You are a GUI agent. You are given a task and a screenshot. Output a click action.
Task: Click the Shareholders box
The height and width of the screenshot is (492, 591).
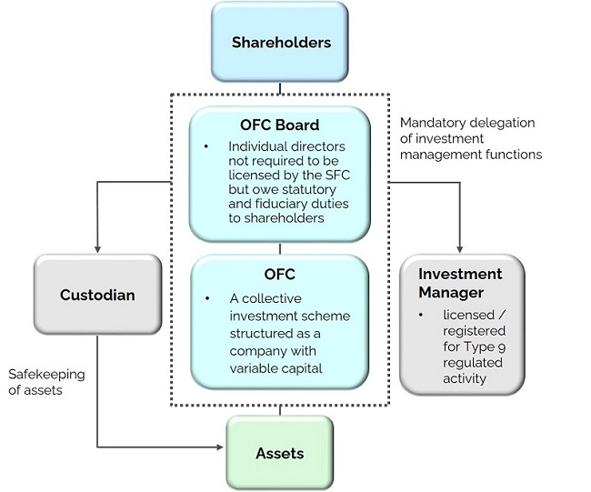pyautogui.click(x=279, y=42)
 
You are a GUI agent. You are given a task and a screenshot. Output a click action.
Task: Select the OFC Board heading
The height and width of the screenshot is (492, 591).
pyautogui.click(x=279, y=126)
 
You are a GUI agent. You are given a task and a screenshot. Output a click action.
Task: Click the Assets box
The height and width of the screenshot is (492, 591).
pyautogui.click(x=279, y=452)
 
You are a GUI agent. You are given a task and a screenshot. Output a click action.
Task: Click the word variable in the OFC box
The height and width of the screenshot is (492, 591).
pyautogui.click(x=251, y=369)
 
